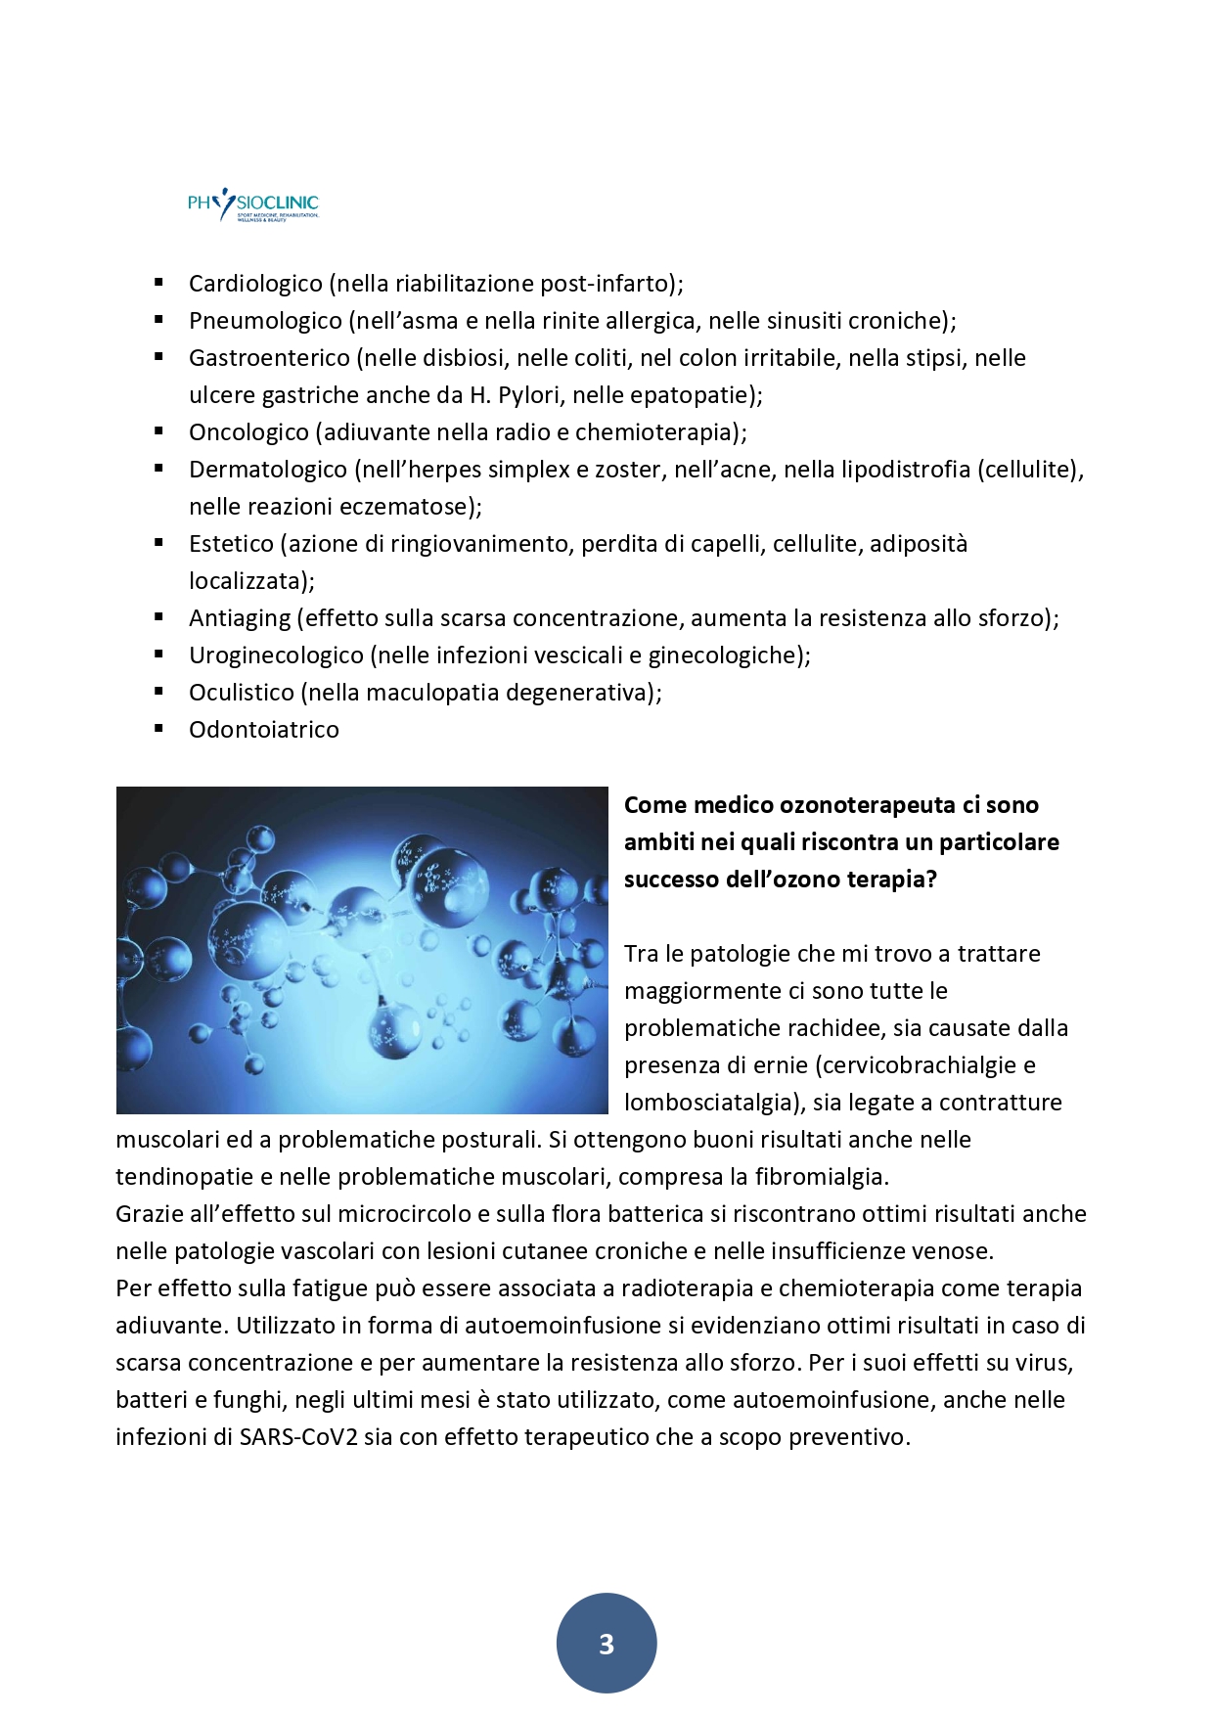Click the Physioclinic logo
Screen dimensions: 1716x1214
pyautogui.click(x=253, y=204)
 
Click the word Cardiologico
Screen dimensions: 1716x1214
pyautogui.click(x=255, y=284)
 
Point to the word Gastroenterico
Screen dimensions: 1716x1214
pyautogui.click(x=269, y=358)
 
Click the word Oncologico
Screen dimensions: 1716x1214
pyautogui.click(x=248, y=432)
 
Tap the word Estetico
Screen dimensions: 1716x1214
pyautogui.click(x=231, y=544)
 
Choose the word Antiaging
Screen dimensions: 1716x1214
pyautogui.click(x=240, y=618)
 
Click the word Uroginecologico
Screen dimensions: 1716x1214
pyautogui.click(x=276, y=655)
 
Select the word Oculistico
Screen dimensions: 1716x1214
pyautogui.click(x=242, y=693)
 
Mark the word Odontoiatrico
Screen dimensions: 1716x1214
pyautogui.click(x=264, y=730)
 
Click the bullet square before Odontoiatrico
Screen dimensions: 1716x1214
pyautogui.click(x=158, y=728)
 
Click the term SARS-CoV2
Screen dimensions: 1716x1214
pyautogui.click(x=298, y=1437)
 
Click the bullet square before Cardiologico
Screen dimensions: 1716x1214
pyautogui.click(x=158, y=282)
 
